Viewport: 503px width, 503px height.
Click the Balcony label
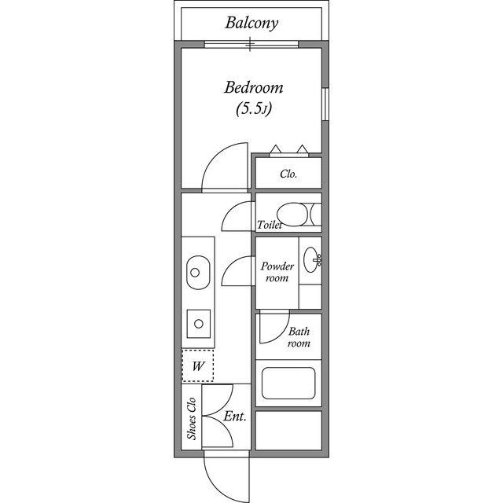(251, 23)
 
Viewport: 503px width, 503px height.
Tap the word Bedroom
(253, 87)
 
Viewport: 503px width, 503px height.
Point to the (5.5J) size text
(253, 108)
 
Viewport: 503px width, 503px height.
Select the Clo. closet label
(288, 174)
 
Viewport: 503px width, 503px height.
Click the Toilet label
(270, 225)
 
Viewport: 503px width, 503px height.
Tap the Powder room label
(277, 272)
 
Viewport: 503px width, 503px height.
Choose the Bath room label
(298, 337)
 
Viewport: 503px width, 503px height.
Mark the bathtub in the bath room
(288, 383)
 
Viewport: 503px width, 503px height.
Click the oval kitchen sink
(196, 273)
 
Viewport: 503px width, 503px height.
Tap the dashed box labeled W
(198, 365)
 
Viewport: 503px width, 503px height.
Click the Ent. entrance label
(235, 417)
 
